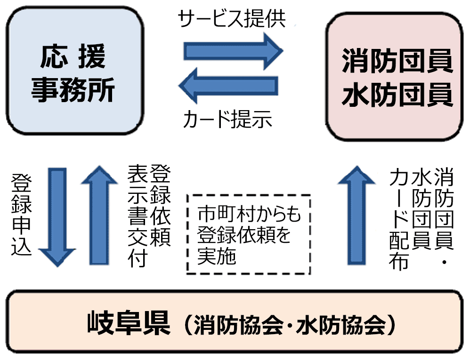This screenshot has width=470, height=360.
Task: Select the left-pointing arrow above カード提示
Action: (x=228, y=86)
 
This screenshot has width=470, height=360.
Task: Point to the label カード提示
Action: (x=227, y=120)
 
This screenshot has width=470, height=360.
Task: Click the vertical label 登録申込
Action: (x=21, y=215)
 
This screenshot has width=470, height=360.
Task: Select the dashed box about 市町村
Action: (x=249, y=234)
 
